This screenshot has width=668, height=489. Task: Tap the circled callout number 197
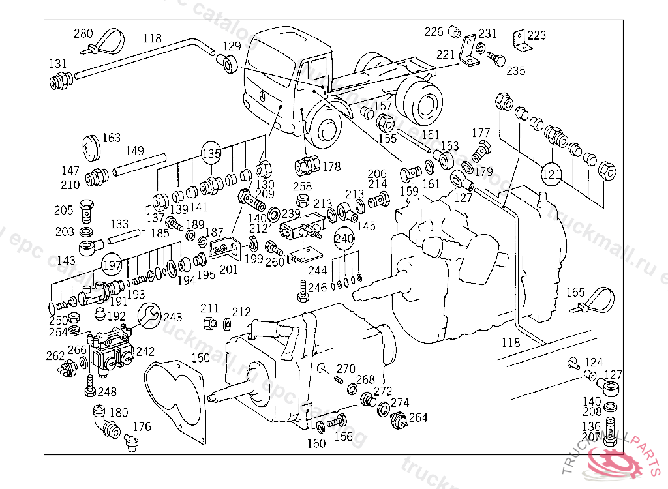tap(112, 265)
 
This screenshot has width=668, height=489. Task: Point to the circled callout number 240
tap(344, 239)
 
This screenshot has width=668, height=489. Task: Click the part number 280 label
tap(83, 34)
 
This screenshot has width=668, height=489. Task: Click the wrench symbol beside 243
tap(147, 315)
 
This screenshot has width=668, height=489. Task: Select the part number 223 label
tap(537, 35)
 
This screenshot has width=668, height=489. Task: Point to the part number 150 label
tap(201, 357)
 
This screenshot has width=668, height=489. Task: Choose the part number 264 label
tap(418, 417)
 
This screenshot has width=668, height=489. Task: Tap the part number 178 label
tap(331, 166)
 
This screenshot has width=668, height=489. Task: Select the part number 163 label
tap(112, 138)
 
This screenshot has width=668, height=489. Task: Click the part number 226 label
tap(434, 31)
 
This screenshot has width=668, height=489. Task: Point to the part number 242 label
tap(145, 351)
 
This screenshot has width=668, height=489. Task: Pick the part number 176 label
tap(142, 427)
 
